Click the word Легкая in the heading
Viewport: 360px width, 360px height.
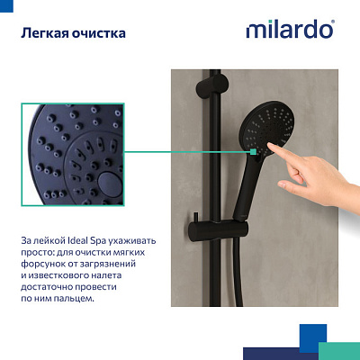coord(46,34)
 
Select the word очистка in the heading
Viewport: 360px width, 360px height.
coord(98,34)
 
